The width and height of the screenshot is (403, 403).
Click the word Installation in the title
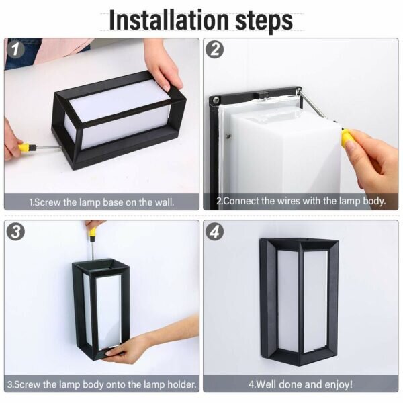(x=169, y=20)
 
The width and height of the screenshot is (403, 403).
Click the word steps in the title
(x=264, y=21)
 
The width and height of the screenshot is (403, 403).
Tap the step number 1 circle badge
(x=15, y=49)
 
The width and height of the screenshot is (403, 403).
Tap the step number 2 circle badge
(x=215, y=49)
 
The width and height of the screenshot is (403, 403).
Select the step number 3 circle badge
(x=15, y=232)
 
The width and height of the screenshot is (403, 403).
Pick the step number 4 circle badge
(x=215, y=232)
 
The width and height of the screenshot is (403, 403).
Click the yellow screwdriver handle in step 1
(x=27, y=148)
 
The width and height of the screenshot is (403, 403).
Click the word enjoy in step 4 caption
(x=339, y=384)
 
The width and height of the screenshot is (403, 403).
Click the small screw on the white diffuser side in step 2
(x=228, y=136)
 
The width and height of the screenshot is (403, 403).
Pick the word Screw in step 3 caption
(x=28, y=384)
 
